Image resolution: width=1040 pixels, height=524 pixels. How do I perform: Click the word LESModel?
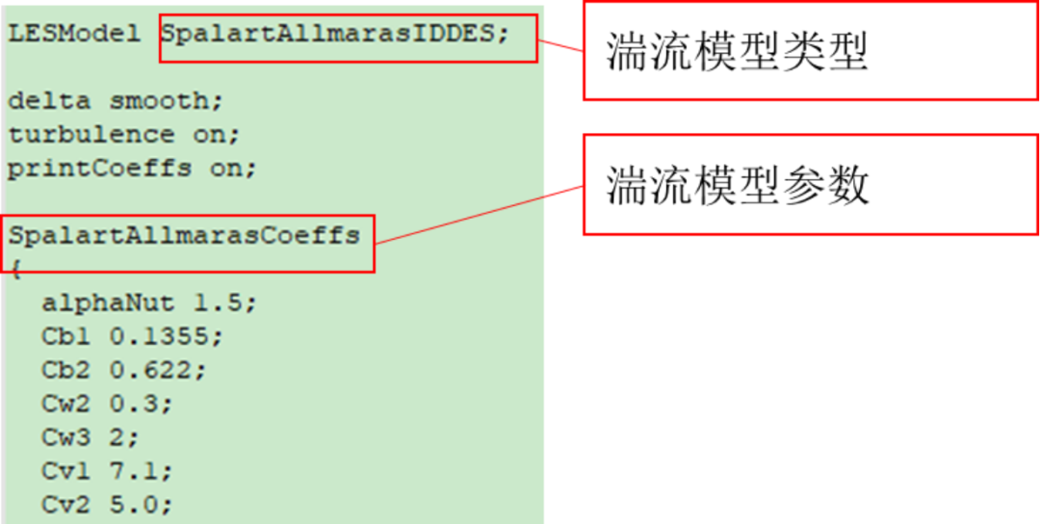(74, 34)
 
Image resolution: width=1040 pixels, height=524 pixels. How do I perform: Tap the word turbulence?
(91, 135)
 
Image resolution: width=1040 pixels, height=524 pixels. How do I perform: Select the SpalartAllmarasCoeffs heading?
(184, 235)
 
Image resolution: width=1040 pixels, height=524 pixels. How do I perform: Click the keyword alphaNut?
(108, 303)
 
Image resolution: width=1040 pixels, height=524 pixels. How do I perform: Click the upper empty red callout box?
(810, 51)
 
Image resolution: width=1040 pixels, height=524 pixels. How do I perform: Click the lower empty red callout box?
(810, 184)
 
